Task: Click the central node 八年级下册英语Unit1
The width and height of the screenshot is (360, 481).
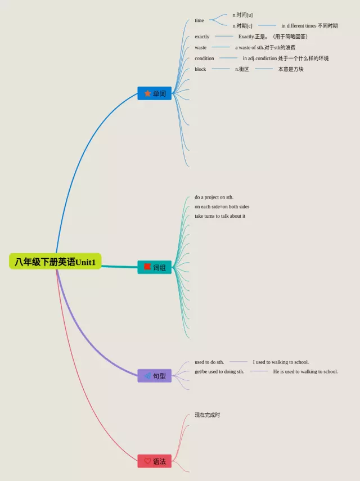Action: pos(55,262)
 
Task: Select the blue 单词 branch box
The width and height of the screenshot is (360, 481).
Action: pos(155,93)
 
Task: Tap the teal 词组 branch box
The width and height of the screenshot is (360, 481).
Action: pos(155,267)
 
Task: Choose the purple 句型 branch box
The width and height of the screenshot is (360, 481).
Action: pos(155,376)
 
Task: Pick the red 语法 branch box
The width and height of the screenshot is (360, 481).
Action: pos(155,461)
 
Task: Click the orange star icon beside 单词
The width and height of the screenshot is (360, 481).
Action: pos(147,93)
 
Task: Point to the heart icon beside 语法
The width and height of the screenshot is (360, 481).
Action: pos(147,461)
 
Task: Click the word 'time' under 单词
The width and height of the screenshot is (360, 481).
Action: pos(199,20)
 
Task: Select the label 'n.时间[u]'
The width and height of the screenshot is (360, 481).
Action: pos(242,15)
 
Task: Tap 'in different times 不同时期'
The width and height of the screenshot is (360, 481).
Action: pos(309,26)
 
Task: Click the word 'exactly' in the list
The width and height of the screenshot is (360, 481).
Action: pos(202,37)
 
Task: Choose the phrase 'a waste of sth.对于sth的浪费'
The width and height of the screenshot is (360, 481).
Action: pos(265,47)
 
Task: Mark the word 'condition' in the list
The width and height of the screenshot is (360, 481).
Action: pos(204,59)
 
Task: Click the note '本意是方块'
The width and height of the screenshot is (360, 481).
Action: pos(291,69)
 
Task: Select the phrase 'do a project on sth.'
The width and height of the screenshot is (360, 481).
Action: pos(214,197)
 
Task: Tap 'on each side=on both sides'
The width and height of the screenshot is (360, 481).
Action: pos(222,206)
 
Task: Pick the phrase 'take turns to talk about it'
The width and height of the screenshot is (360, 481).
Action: pos(220,216)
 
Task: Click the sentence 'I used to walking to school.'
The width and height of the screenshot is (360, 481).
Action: pos(281,362)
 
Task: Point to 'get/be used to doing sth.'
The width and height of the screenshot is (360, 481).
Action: pos(219,371)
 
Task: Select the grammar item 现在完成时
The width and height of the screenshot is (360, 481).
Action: pos(207,415)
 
